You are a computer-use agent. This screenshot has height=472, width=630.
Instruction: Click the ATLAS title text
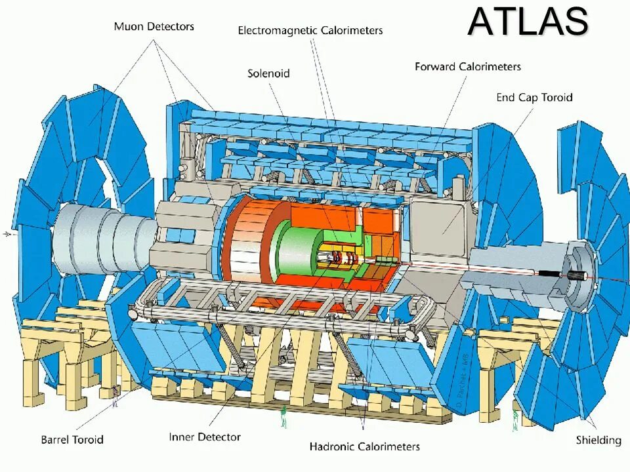(528, 22)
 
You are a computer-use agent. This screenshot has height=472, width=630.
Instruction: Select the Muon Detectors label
(154, 27)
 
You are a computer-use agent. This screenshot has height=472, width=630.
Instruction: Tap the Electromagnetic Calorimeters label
(310, 30)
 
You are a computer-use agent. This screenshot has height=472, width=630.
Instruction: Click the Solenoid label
(268, 73)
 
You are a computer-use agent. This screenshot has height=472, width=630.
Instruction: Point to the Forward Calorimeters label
(467, 66)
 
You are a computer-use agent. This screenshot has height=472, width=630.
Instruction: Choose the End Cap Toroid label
(534, 97)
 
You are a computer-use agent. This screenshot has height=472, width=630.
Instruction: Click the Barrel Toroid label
(72, 439)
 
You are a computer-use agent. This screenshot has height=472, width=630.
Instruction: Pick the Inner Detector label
(205, 437)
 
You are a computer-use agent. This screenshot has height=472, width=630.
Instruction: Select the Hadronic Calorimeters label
(364, 446)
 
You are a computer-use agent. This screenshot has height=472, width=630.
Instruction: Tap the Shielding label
(598, 440)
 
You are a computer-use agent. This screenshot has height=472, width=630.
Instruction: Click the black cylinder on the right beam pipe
(576, 275)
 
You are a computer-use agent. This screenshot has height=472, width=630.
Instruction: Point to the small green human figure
(284, 416)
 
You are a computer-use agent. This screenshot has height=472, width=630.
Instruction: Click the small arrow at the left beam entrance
(9, 233)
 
